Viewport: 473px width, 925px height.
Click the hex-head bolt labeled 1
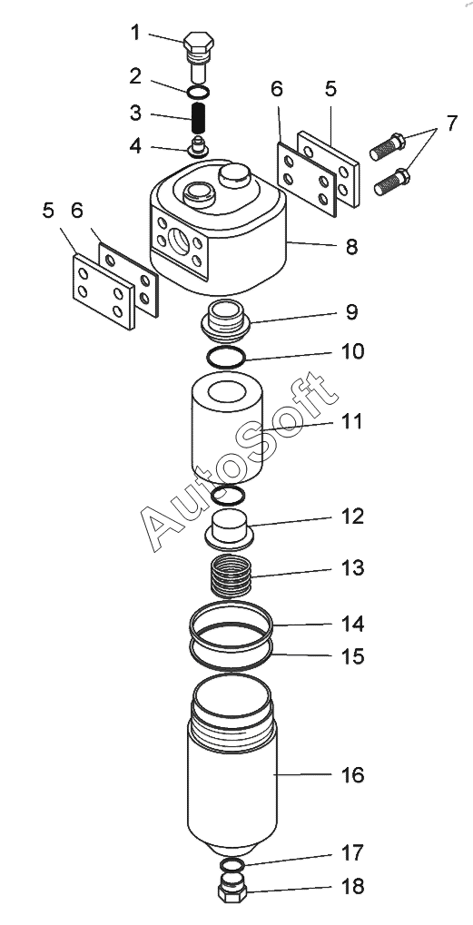[198, 56]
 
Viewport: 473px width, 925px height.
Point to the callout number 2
[135, 75]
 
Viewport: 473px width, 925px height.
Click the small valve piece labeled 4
[198, 146]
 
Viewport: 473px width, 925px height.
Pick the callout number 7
[451, 123]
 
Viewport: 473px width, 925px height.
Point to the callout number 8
[351, 247]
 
